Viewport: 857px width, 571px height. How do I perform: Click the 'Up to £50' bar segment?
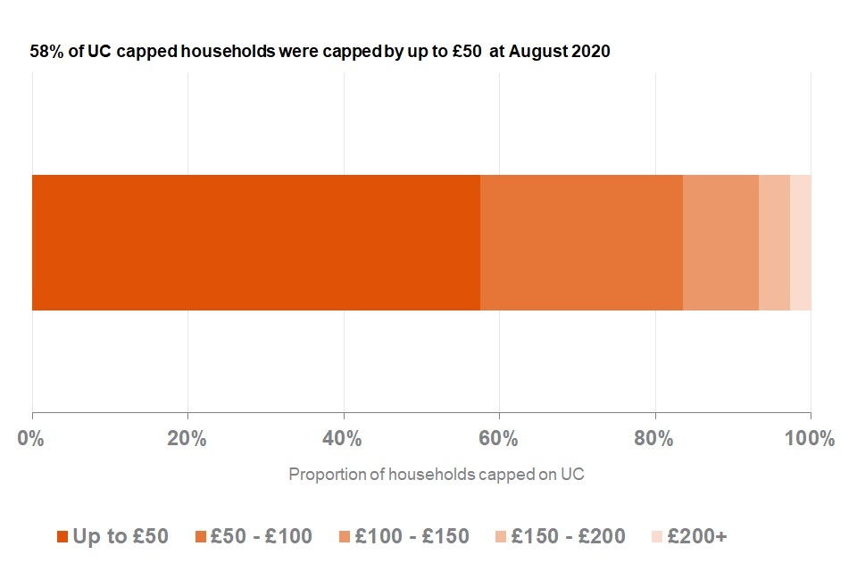click(256, 243)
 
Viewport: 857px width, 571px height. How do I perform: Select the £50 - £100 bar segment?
click(581, 243)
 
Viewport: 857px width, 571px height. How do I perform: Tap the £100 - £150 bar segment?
click(720, 243)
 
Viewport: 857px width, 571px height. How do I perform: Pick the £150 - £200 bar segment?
click(774, 243)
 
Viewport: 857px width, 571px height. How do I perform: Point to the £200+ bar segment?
click(801, 243)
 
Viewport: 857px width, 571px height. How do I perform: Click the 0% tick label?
click(31, 439)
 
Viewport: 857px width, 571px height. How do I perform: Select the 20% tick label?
click(187, 439)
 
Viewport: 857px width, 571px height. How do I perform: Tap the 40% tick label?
click(343, 439)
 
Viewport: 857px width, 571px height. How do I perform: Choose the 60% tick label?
click(499, 439)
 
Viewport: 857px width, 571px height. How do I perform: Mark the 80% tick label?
click(655, 439)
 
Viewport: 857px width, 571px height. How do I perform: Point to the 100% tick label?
click(810, 439)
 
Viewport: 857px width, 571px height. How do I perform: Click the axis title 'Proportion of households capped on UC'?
click(436, 474)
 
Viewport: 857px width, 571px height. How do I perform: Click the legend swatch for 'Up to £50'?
click(62, 536)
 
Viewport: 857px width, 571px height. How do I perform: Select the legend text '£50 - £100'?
click(260, 536)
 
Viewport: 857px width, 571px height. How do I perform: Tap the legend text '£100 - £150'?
click(412, 536)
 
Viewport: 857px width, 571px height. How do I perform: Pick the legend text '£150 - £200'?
click(568, 536)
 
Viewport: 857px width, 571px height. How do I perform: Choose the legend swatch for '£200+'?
click(657, 536)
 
